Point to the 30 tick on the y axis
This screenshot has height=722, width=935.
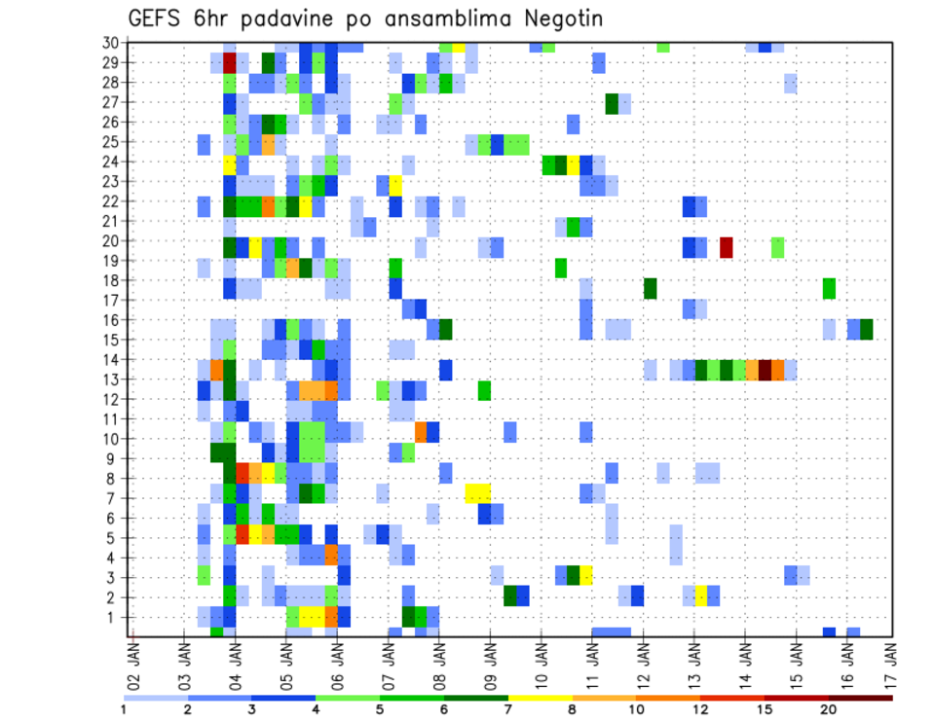[x=112, y=43]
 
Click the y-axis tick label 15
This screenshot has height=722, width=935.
[x=112, y=340]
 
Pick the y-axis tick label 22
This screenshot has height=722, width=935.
[x=112, y=201]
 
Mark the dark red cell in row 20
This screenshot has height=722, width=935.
[x=726, y=247]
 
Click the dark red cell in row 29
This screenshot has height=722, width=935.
[x=230, y=63]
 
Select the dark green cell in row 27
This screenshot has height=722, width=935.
[x=612, y=102]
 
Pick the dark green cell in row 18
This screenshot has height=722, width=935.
[x=650, y=288]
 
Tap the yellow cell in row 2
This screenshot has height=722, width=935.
[x=700, y=596]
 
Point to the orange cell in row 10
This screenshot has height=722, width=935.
[x=421, y=431]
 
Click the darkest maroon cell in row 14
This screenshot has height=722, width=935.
[x=765, y=370]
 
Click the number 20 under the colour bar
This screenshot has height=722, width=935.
[x=829, y=709]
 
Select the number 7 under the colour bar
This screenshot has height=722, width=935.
[x=507, y=709]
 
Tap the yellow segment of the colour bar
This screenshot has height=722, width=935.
[x=540, y=697]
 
